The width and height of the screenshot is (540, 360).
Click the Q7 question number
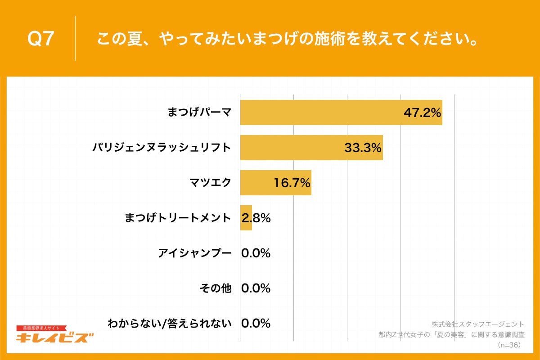[x=41, y=39]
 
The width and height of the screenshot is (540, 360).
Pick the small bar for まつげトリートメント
[x=246, y=218]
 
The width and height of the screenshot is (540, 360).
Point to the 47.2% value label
[x=422, y=112]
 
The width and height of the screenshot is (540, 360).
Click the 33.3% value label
[x=363, y=148]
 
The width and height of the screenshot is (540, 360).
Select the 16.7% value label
[x=292, y=183]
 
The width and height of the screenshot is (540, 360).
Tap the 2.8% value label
[x=256, y=218]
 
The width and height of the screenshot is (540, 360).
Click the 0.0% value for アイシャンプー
[x=256, y=253]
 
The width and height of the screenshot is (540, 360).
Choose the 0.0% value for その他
[x=256, y=288]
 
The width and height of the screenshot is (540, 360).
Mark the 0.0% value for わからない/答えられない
[x=256, y=323]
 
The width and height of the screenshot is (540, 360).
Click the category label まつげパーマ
[x=199, y=112]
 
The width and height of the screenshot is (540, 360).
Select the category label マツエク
[x=211, y=183]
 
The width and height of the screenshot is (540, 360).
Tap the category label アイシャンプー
[x=194, y=253]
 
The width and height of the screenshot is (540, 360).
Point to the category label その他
[x=215, y=288]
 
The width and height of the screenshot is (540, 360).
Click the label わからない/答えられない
[x=169, y=323]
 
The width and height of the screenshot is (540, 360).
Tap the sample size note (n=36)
[x=509, y=345]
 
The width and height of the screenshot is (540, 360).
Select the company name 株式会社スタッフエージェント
[x=478, y=324]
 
